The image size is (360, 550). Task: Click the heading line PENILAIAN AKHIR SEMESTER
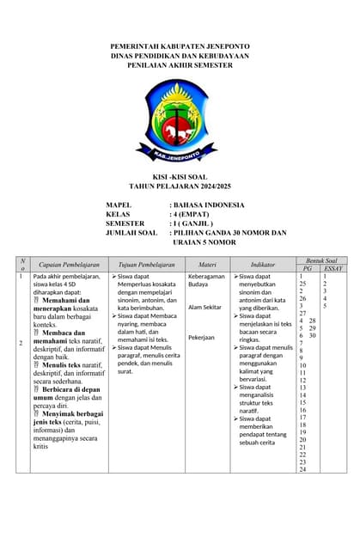180,64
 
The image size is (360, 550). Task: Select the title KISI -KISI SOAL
180,176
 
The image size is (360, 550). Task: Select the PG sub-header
307,269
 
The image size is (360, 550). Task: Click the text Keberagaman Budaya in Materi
206,282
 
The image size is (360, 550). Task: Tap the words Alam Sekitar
205,307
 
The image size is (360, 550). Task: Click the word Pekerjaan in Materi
202,338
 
